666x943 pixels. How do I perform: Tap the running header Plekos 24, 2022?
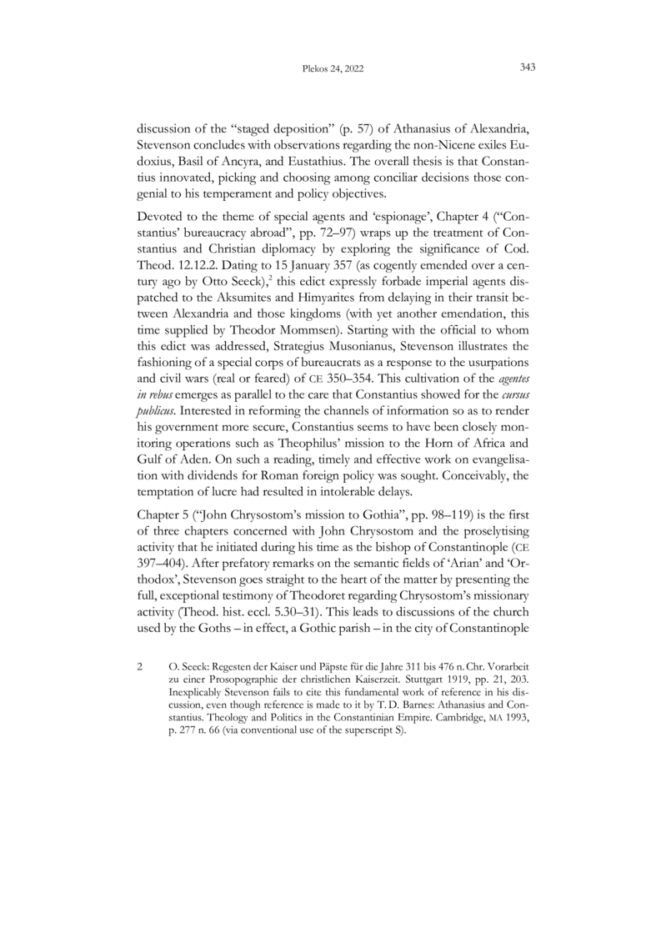[x=332, y=69]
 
